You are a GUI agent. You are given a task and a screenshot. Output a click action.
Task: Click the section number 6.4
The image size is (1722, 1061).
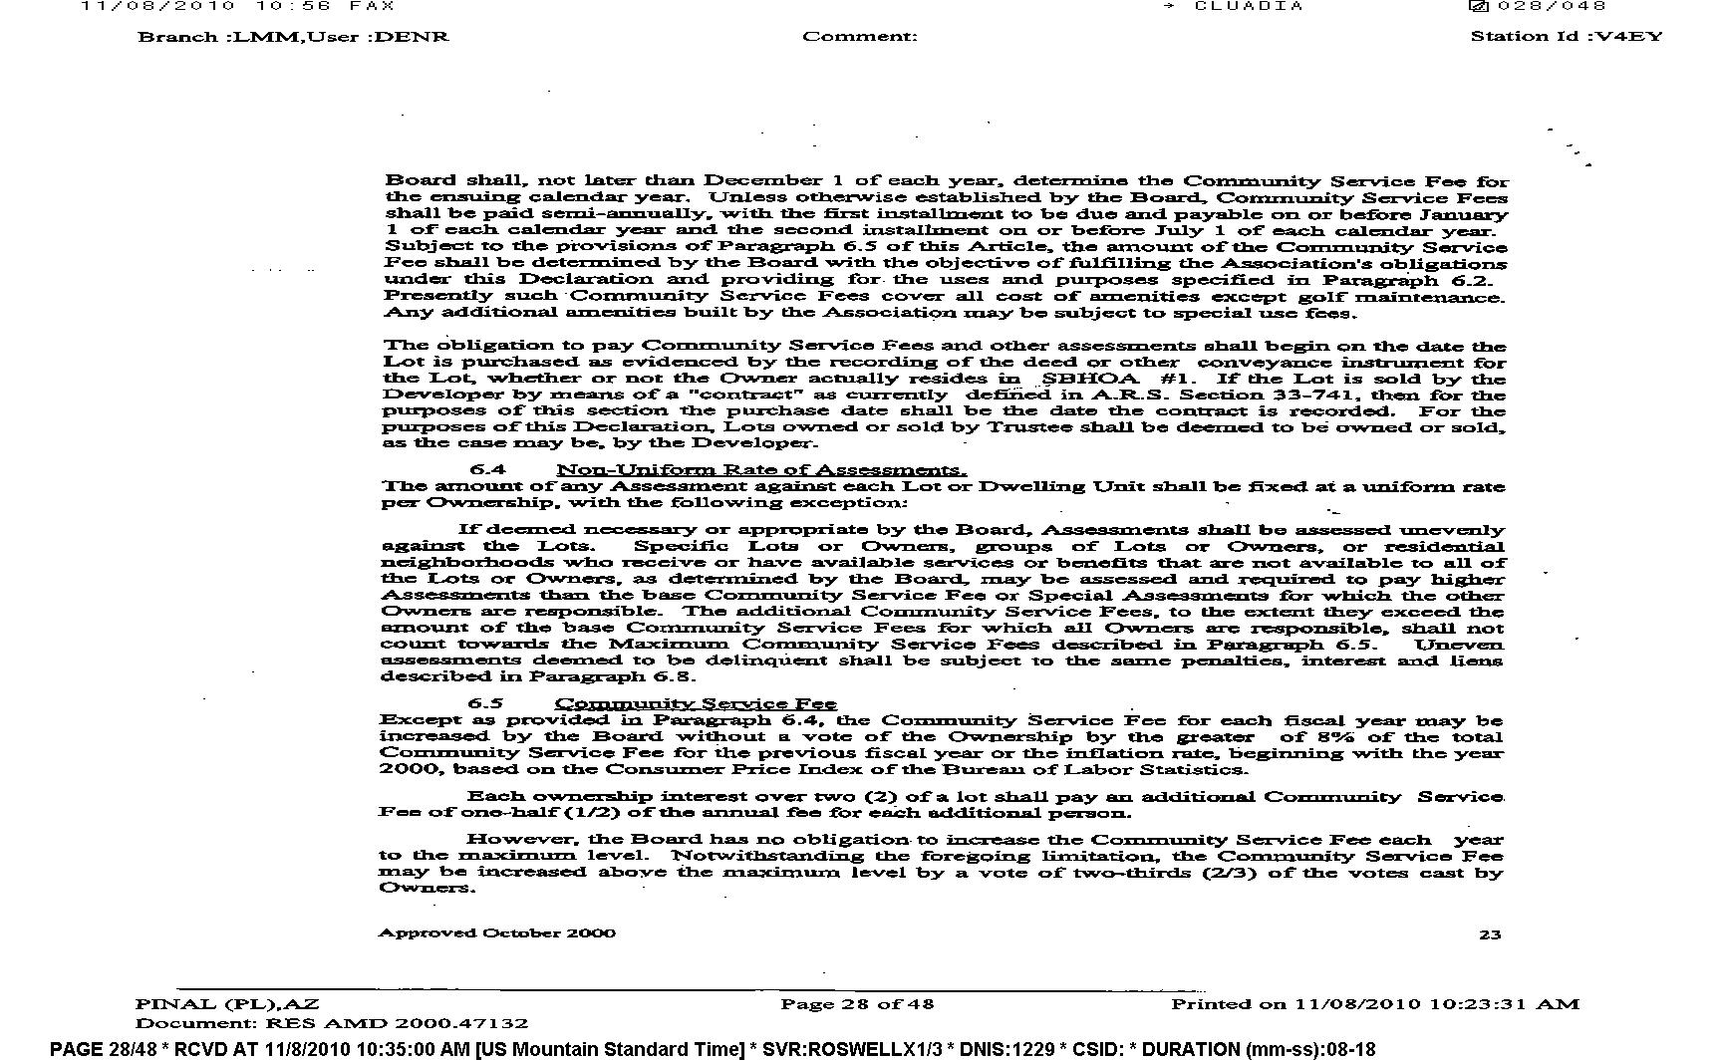pyautogui.click(x=487, y=469)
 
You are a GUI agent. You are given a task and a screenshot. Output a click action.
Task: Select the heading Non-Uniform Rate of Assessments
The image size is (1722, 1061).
pyautogui.click(x=760, y=469)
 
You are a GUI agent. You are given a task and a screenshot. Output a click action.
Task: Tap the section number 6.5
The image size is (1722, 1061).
pyautogui.click(x=486, y=703)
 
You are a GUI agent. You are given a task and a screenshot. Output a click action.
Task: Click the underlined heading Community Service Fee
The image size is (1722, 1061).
pyautogui.click(x=696, y=703)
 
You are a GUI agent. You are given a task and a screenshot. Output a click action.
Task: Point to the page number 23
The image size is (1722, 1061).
pyautogui.click(x=1490, y=934)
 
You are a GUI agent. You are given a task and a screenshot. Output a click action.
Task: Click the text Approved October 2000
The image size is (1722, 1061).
pyautogui.click(x=496, y=932)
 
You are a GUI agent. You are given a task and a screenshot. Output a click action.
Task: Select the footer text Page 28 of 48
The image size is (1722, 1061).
pyautogui.click(x=857, y=1003)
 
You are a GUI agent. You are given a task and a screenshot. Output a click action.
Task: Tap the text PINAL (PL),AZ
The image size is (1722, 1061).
pyautogui.click(x=227, y=1003)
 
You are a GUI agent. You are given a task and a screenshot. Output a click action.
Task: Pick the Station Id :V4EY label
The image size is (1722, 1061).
pyautogui.click(x=1567, y=37)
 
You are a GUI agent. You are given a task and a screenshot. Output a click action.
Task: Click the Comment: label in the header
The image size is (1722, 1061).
pyautogui.click(x=859, y=37)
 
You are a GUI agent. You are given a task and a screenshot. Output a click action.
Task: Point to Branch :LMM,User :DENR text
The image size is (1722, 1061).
pyautogui.click(x=293, y=37)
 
